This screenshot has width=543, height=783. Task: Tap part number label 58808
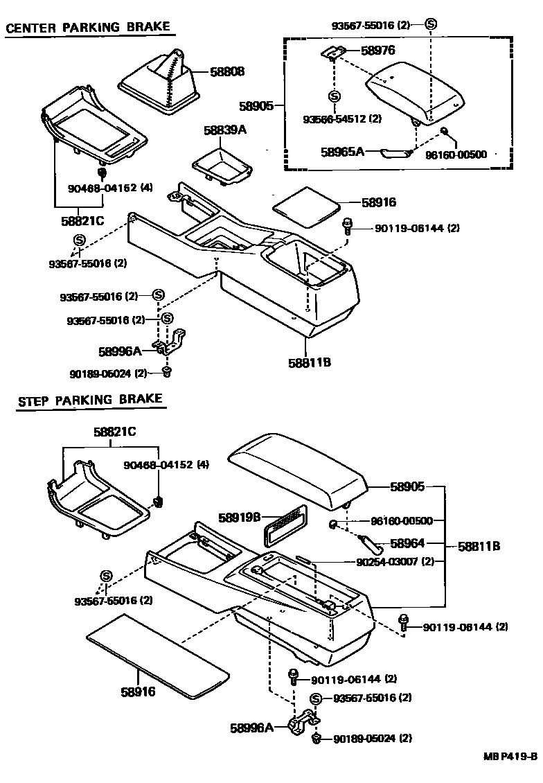228,71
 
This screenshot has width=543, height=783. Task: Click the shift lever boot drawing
161,82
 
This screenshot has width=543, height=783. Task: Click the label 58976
377,51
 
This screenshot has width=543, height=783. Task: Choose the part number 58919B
239,517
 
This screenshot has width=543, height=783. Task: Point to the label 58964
407,544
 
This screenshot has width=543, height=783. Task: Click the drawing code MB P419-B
510,757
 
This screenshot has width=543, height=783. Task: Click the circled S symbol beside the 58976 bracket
334,96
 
